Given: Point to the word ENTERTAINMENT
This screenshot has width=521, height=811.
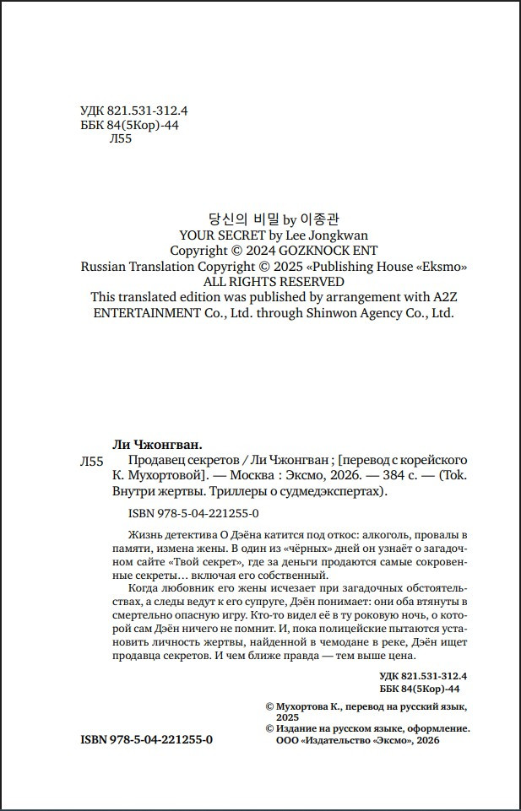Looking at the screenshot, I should point(143,312).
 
